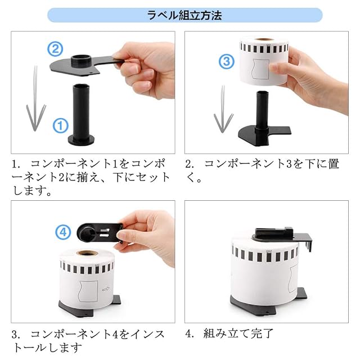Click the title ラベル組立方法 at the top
(184, 15)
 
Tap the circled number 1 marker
(61, 125)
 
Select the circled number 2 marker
(55, 49)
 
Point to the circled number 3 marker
(226, 61)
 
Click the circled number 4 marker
(63, 232)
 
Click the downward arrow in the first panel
(35, 99)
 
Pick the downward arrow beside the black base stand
(223, 110)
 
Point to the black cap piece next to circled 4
(99, 232)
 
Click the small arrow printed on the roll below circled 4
(106, 289)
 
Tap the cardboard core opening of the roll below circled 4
(87, 253)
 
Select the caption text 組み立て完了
(238, 334)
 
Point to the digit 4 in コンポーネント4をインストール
(115, 334)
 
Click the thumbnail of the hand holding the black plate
(93, 92)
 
